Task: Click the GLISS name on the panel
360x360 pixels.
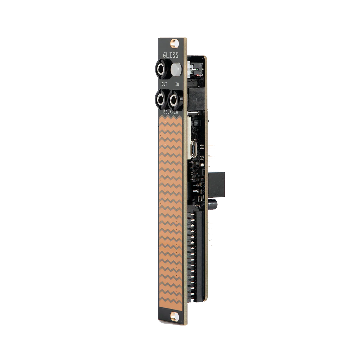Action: pyautogui.click(x=171, y=55)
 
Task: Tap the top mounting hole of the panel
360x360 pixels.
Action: pyautogui.click(x=174, y=43)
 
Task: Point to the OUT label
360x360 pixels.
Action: pyautogui.click(x=164, y=84)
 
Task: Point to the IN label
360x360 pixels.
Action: pyautogui.click(x=177, y=84)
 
